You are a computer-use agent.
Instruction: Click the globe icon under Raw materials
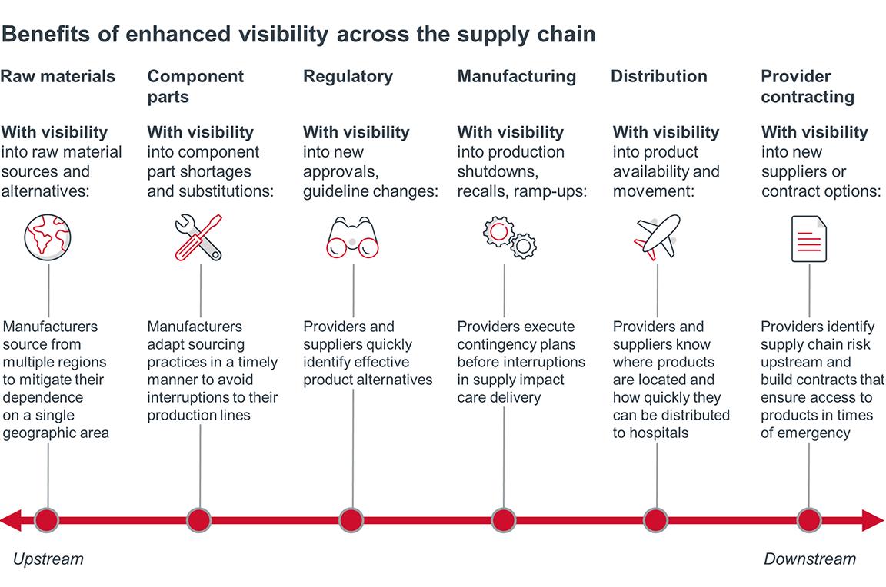pyautogui.click(x=48, y=236)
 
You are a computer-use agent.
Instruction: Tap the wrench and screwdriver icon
pyautogui.click(x=198, y=237)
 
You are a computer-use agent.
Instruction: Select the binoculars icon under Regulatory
pyautogui.click(x=353, y=237)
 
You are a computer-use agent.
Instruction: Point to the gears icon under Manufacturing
pyautogui.click(x=509, y=237)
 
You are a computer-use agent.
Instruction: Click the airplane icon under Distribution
pyautogui.click(x=658, y=236)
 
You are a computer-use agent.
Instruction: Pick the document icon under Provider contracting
pyautogui.click(x=809, y=239)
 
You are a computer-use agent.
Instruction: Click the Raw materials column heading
pyautogui.click(x=58, y=77)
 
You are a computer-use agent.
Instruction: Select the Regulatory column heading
pyautogui.click(x=348, y=77)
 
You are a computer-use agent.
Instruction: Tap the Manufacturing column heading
pyautogui.click(x=516, y=77)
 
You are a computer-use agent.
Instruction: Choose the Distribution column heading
pyautogui.click(x=659, y=77)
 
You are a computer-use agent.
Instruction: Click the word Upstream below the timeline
pyautogui.click(x=48, y=559)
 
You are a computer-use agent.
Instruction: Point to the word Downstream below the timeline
pyautogui.click(x=809, y=559)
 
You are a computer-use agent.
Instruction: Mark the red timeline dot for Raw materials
pyautogui.click(x=47, y=520)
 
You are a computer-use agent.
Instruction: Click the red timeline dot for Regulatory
pyautogui.click(x=351, y=520)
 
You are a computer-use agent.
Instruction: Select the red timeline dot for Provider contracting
pyautogui.click(x=809, y=520)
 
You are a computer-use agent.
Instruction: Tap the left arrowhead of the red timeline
pyautogui.click(x=10, y=520)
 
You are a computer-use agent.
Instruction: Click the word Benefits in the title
pyautogui.click(x=44, y=35)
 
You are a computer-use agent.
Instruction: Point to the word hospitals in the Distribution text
pyautogui.click(x=658, y=433)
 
